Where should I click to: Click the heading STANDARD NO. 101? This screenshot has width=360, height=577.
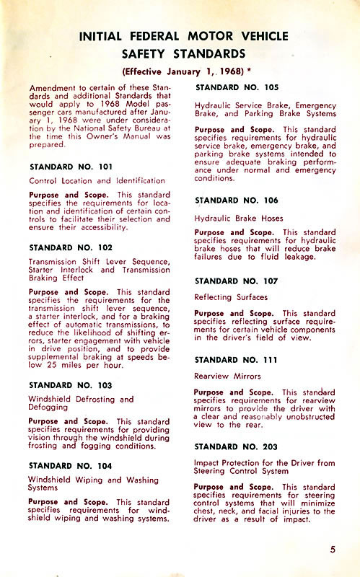coord(70,167)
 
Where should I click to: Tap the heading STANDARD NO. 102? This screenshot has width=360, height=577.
coord(70,247)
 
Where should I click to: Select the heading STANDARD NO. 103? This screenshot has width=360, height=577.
coord(70,385)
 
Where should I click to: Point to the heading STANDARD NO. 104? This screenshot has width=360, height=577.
coord(70,465)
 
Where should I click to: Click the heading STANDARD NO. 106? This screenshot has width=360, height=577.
coord(237,201)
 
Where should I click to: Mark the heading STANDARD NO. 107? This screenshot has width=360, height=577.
coord(237,279)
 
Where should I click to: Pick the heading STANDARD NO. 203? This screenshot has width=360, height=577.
coord(237,446)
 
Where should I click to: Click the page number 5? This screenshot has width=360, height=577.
coord(333,550)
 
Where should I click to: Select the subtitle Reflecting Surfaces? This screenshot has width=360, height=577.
coord(231,296)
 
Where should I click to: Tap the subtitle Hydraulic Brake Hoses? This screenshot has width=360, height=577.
coord(239,218)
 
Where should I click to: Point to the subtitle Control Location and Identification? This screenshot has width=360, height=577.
coord(97,181)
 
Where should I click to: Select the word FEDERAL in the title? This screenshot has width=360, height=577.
coord(146,36)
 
